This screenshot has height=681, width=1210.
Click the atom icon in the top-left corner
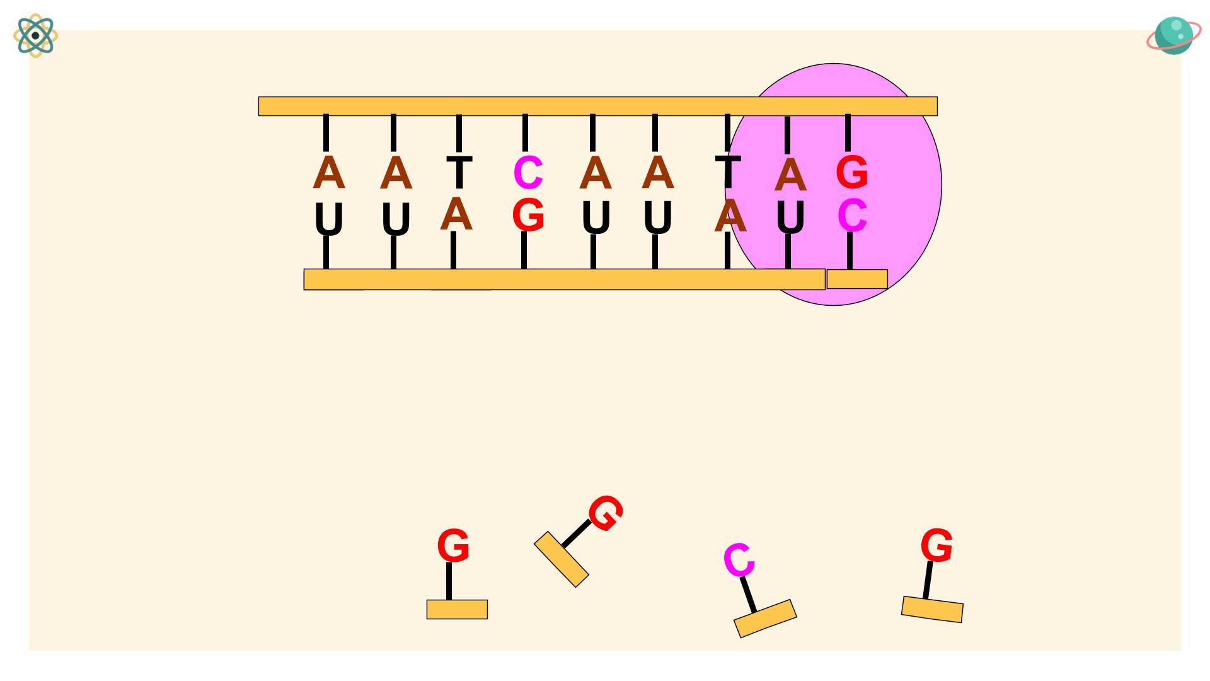(35, 35)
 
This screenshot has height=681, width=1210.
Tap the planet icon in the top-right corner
(1173, 35)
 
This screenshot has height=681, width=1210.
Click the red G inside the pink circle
(852, 172)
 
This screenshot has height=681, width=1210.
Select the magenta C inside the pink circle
(852, 215)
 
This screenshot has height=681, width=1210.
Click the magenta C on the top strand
(528, 172)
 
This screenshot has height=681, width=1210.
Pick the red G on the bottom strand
(528, 215)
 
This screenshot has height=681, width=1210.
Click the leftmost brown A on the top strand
(328, 172)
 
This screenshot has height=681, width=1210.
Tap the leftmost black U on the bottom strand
(328, 219)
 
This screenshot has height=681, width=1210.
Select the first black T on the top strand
(459, 172)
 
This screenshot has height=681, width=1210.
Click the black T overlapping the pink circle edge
(728, 171)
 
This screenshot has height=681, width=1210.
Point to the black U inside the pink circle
(790, 216)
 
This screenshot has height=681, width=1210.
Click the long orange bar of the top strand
(597, 106)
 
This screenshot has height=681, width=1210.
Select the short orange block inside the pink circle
(857, 279)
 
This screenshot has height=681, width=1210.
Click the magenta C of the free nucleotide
(738, 560)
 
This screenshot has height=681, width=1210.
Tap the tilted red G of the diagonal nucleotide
(606, 513)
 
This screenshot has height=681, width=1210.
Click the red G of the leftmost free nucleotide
(453, 545)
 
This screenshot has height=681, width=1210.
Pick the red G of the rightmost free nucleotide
(936, 545)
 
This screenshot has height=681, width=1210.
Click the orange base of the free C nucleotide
(765, 619)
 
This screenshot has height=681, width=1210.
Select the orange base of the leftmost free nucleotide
(457, 609)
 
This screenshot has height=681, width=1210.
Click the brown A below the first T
(456, 214)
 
